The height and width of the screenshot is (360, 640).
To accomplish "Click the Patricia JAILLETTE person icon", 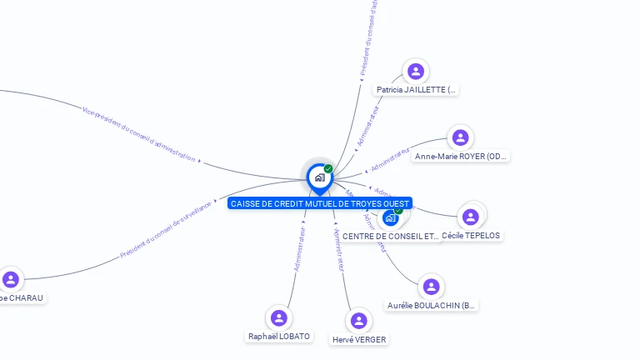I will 416,72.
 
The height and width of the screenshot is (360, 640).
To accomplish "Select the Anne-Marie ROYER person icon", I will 461,137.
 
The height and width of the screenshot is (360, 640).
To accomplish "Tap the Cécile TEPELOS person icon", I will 471,217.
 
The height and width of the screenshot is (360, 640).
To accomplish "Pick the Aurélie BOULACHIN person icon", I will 431,287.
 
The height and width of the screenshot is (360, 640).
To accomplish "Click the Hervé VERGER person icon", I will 359,321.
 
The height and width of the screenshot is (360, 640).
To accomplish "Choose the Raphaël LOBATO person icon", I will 279,317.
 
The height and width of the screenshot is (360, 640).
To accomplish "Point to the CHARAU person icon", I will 11,279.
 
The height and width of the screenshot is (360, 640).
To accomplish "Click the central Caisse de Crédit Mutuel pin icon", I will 319,177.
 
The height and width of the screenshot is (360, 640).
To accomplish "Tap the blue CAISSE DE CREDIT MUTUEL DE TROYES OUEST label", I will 319,203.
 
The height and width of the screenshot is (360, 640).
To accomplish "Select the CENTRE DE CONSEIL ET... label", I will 390,237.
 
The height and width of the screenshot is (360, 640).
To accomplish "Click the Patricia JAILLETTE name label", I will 416,89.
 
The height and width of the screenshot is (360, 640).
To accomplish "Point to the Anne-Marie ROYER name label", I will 461,156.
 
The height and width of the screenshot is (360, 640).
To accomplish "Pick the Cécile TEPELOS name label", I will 471,236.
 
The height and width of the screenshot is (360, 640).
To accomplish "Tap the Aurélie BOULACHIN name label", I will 432,306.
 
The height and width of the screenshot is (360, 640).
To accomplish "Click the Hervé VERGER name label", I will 359,339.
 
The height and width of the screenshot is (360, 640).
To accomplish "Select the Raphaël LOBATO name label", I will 279,336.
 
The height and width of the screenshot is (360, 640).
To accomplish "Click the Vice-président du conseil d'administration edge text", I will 139,133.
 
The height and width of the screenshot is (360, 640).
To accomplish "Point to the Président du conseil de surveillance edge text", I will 167,229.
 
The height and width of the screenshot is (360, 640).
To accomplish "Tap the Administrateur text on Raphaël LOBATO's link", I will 300,248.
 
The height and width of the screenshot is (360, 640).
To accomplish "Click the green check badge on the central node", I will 328,168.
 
